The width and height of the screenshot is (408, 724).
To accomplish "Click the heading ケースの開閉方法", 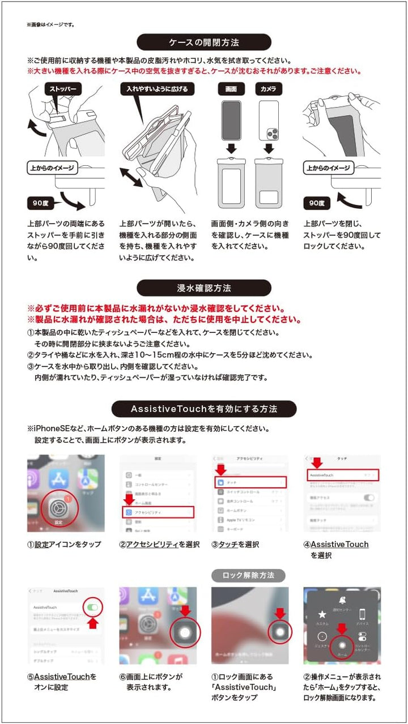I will tap(204, 42).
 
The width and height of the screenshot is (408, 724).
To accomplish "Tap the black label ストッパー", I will tap(63, 89).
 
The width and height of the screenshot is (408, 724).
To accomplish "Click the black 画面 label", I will tap(231, 89).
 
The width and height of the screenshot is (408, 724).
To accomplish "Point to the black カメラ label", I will tap(268, 89).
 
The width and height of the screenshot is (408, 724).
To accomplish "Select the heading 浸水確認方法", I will tap(204, 288).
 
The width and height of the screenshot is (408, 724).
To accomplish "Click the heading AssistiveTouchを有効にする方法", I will tap(204, 409).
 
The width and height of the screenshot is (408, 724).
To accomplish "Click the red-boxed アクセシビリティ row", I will tap(158, 512).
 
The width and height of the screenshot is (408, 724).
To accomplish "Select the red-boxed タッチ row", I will tap(250, 482).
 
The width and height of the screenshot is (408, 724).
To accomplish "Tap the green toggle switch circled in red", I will tap(94, 607).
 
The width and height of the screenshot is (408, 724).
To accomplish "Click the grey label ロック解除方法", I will tap(248, 575).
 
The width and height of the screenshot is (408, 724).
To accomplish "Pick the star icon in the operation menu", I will tap(322, 614).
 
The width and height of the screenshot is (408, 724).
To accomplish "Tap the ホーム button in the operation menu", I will tap(342, 645).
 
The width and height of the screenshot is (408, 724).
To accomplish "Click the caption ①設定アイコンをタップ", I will tap(64, 545).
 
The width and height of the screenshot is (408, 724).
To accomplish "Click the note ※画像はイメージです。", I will tap(50, 24).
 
